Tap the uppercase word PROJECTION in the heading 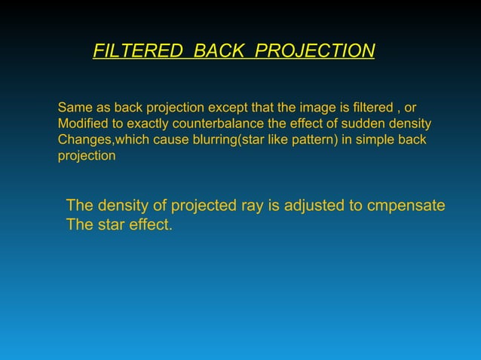[x=314, y=51]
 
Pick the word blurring [x=210, y=140]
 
